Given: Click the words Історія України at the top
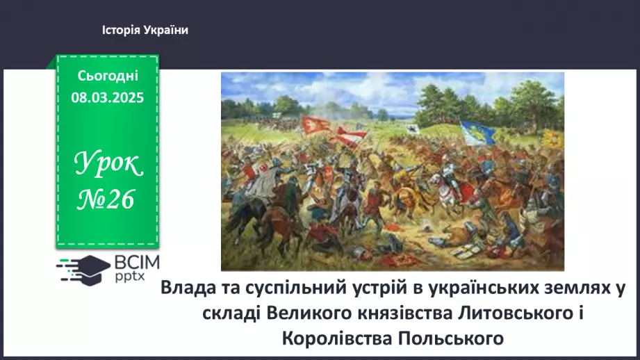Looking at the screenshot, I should [x=145, y=30].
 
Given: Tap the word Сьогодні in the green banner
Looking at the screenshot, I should [x=107, y=76].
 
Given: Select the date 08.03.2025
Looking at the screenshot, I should [x=107, y=97].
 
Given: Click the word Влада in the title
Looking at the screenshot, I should [x=186, y=288].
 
